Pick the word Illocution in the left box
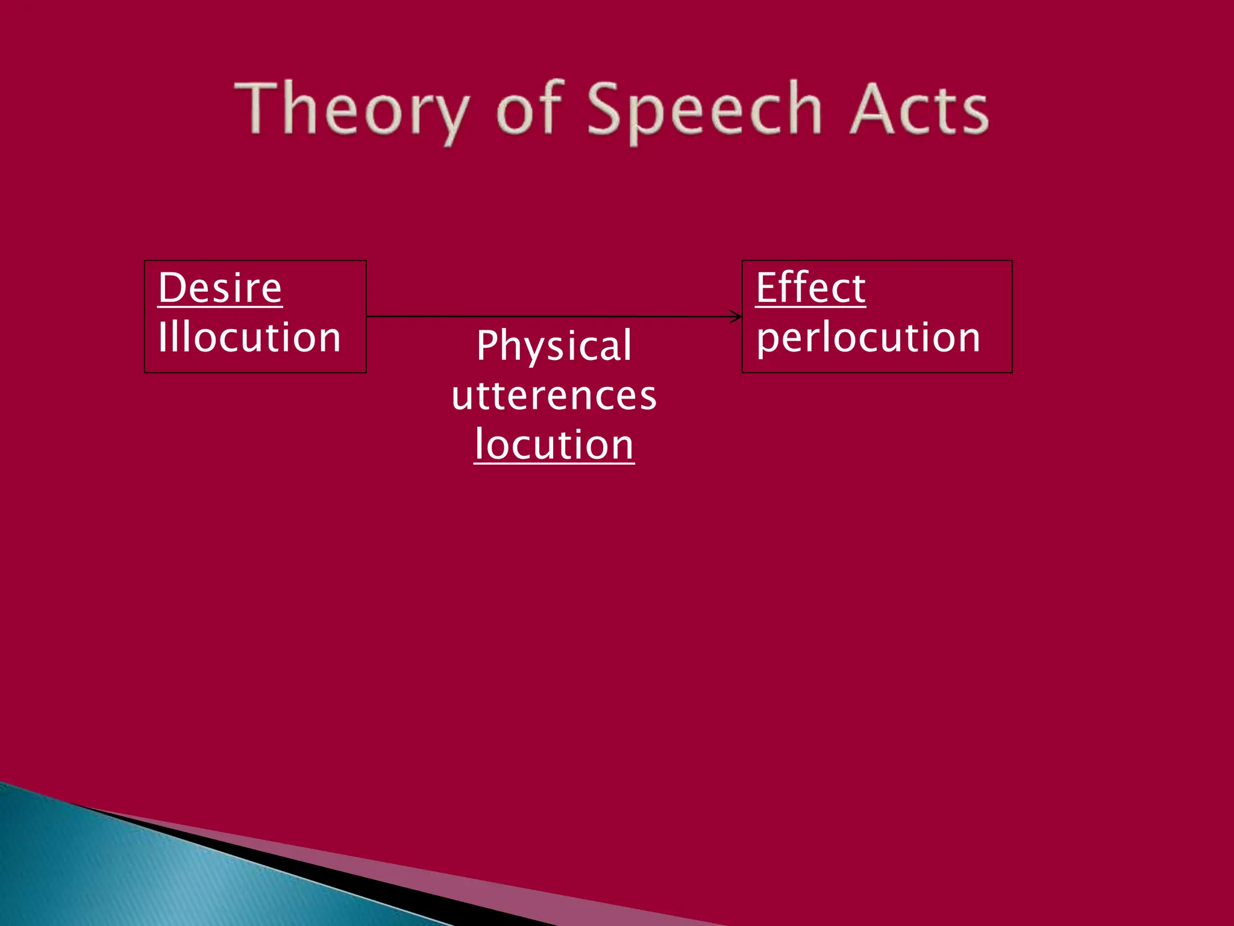tap(249, 337)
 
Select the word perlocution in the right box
tap(868, 338)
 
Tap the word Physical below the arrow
tap(554, 346)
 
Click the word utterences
tap(554, 396)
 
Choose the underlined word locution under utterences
tap(554, 445)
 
